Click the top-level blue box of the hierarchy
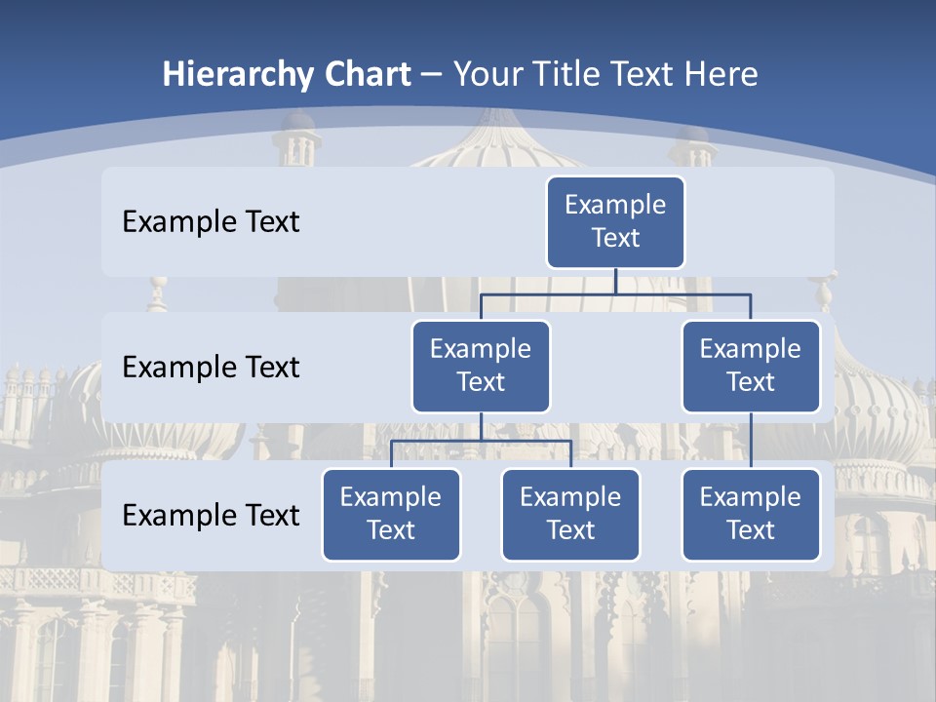(x=615, y=221)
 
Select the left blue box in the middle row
(x=481, y=366)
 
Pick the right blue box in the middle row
(x=751, y=366)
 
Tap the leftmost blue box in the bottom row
(x=391, y=514)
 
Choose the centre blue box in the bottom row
(x=570, y=514)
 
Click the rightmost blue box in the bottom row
(x=751, y=514)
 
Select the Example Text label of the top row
(x=211, y=222)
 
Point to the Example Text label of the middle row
(x=211, y=368)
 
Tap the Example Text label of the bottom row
(x=211, y=515)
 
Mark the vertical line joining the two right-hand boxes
(x=751, y=441)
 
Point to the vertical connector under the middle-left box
(x=481, y=426)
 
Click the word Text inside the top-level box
(x=615, y=238)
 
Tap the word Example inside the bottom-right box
(x=751, y=497)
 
